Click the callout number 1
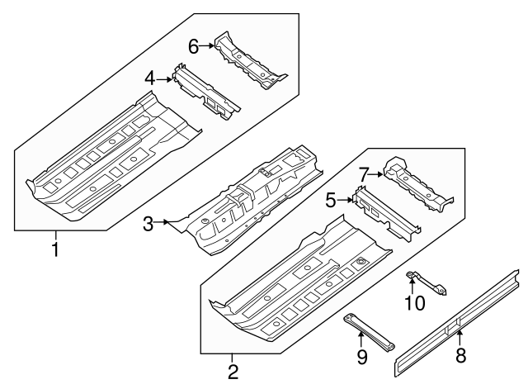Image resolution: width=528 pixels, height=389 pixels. click(x=55, y=248)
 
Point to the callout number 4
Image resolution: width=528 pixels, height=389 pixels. click(x=149, y=78)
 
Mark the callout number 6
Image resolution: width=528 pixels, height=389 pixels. click(x=193, y=46)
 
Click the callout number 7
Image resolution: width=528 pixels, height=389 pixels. click(x=363, y=173)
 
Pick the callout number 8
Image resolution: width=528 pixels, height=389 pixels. click(x=460, y=356)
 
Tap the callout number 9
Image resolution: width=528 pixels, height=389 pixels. click(x=361, y=357)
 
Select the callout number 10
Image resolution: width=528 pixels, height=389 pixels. click(x=414, y=303)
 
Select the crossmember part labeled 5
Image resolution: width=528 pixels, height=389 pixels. click(x=384, y=211)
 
